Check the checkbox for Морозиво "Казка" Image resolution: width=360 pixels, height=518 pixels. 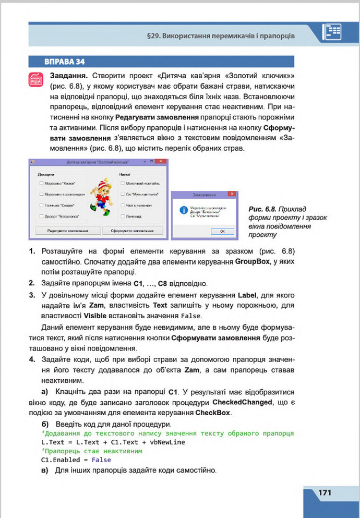coord(41,184)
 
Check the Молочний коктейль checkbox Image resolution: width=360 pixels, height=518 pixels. coord(122,184)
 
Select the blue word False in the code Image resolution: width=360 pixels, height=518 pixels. coord(101,460)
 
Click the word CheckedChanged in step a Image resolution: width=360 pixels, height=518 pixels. coord(243,403)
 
